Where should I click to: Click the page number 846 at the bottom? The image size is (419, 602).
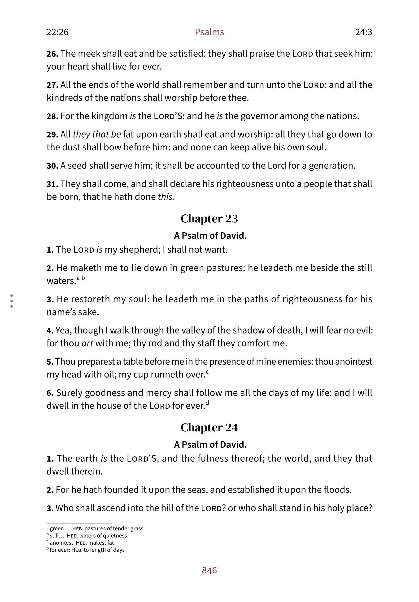pos(209,570)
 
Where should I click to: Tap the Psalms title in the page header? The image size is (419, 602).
pos(209,32)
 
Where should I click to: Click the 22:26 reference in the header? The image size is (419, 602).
pos(57,32)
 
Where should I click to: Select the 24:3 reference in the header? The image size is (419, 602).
pos(363,32)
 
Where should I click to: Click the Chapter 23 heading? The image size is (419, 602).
pos(209,219)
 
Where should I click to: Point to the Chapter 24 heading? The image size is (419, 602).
pos(209,428)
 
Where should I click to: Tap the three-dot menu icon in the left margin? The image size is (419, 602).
pos(12,301)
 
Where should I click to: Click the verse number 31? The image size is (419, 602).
pos(52,184)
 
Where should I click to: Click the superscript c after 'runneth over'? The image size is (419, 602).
pos(207,372)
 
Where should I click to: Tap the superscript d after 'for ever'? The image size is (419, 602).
pos(207,403)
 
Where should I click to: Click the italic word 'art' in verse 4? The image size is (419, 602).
pos(87,343)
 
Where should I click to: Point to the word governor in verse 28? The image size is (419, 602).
pos(259,116)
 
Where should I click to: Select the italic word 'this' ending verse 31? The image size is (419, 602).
pos(165,197)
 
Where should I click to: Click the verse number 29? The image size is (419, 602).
pos(52,134)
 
